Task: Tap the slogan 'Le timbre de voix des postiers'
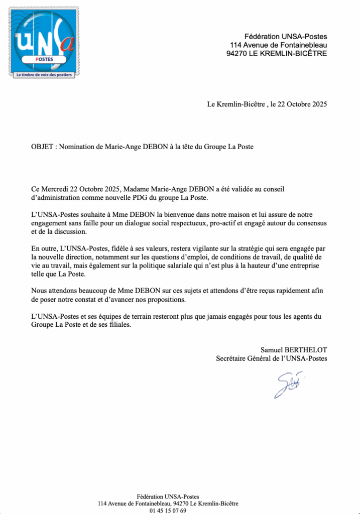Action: pos(44,75)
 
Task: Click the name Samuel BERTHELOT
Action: pos(293,349)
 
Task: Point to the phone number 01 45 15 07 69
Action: pos(168,510)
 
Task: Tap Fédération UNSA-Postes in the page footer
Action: pos(168,496)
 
